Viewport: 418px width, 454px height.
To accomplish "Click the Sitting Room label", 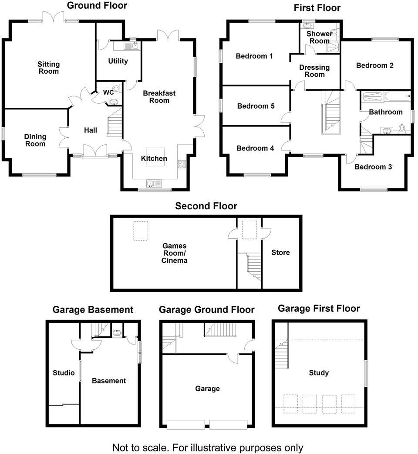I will click(48, 68).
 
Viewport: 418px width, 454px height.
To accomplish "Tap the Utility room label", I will click(118, 61).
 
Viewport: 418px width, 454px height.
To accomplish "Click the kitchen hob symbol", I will click(182, 164).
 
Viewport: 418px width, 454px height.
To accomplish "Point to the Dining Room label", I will click(35, 140).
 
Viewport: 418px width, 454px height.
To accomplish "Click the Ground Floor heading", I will click(97, 6).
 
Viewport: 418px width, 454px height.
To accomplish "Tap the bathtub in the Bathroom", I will click(385, 96).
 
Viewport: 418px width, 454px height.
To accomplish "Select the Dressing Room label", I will click(314, 71).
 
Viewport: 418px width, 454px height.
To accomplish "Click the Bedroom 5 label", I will click(256, 106).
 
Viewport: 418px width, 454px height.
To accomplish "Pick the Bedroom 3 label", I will click(370, 167).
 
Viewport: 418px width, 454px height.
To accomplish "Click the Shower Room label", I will click(319, 37).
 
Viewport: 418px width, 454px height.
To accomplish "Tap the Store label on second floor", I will click(280, 253).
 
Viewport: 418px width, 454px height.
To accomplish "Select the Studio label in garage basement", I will click(64, 373).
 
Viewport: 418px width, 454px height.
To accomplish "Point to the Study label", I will click(319, 373).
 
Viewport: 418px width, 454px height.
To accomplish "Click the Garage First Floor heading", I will click(319, 309).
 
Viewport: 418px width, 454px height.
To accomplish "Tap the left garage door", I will click(185, 423).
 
